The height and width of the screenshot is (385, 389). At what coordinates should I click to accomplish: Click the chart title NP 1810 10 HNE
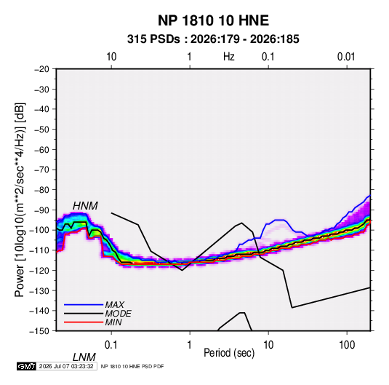213,20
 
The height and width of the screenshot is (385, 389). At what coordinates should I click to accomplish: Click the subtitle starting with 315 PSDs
213,39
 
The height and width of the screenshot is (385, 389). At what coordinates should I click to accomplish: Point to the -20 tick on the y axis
41,69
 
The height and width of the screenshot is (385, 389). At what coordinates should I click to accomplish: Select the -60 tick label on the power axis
41,149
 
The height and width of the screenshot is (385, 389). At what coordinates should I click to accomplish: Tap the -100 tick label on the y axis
40,230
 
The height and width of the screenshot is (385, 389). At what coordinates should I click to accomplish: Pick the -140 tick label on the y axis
40,311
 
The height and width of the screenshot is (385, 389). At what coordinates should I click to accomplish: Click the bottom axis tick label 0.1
111,345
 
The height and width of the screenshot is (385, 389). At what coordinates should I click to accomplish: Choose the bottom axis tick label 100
347,345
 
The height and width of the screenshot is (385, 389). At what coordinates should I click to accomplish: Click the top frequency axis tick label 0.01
346,57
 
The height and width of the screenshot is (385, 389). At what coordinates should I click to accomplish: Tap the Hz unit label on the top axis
229,57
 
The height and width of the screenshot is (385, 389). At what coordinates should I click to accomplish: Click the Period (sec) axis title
229,353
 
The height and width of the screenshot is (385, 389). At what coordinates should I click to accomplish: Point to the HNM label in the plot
85,206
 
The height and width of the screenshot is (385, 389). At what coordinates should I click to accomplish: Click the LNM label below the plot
84,357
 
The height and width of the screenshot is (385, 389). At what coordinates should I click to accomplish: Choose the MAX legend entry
114,305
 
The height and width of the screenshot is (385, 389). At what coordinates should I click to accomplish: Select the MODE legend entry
118,314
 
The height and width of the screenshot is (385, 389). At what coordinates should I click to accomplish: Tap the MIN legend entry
113,322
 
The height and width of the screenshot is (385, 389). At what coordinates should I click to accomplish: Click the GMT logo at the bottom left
26,366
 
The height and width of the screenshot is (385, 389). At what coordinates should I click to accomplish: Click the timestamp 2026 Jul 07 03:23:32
66,366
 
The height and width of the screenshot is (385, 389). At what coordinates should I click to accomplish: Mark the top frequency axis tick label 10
111,57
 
